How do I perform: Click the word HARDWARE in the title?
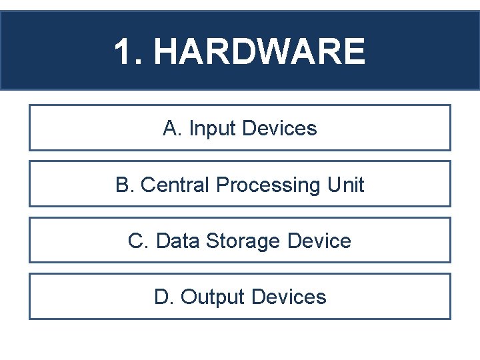coord(260,52)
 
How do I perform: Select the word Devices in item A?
coord(279,128)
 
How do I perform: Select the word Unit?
coord(346,185)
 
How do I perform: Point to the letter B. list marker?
coord(125,185)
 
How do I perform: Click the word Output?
coord(214,297)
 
